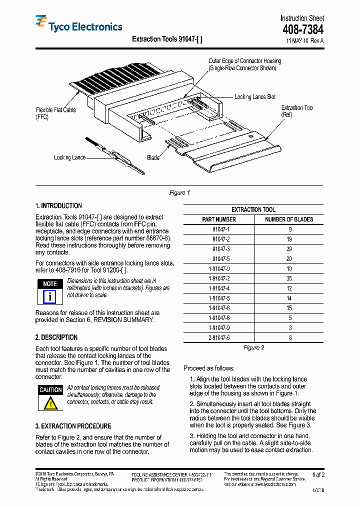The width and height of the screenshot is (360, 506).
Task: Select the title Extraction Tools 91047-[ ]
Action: click(167, 39)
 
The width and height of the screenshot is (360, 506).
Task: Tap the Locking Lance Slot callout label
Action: click(254, 97)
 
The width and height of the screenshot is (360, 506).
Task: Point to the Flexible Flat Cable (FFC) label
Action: click(55, 113)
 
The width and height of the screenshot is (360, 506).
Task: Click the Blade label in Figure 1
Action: click(153, 158)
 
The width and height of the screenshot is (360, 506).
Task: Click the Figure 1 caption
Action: click(179, 193)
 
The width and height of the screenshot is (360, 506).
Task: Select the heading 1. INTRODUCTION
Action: click(58, 206)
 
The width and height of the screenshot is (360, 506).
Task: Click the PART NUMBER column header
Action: click(218, 219)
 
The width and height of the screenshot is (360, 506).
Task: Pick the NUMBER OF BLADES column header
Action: click(289, 219)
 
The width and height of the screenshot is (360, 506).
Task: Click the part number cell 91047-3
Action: click(220, 249)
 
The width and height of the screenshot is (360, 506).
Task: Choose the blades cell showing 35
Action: click(289, 278)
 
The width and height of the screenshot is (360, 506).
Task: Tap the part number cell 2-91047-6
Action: click(219, 337)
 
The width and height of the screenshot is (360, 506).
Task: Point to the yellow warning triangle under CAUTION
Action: click(50, 403)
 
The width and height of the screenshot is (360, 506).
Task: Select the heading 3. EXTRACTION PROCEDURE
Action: click(73, 426)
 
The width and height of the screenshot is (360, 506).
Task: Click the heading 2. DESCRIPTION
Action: click(56, 337)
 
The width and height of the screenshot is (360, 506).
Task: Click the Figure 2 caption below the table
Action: click(253, 347)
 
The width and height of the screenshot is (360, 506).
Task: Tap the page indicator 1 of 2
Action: click(318, 475)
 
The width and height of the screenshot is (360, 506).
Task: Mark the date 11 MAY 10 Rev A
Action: click(304, 41)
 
